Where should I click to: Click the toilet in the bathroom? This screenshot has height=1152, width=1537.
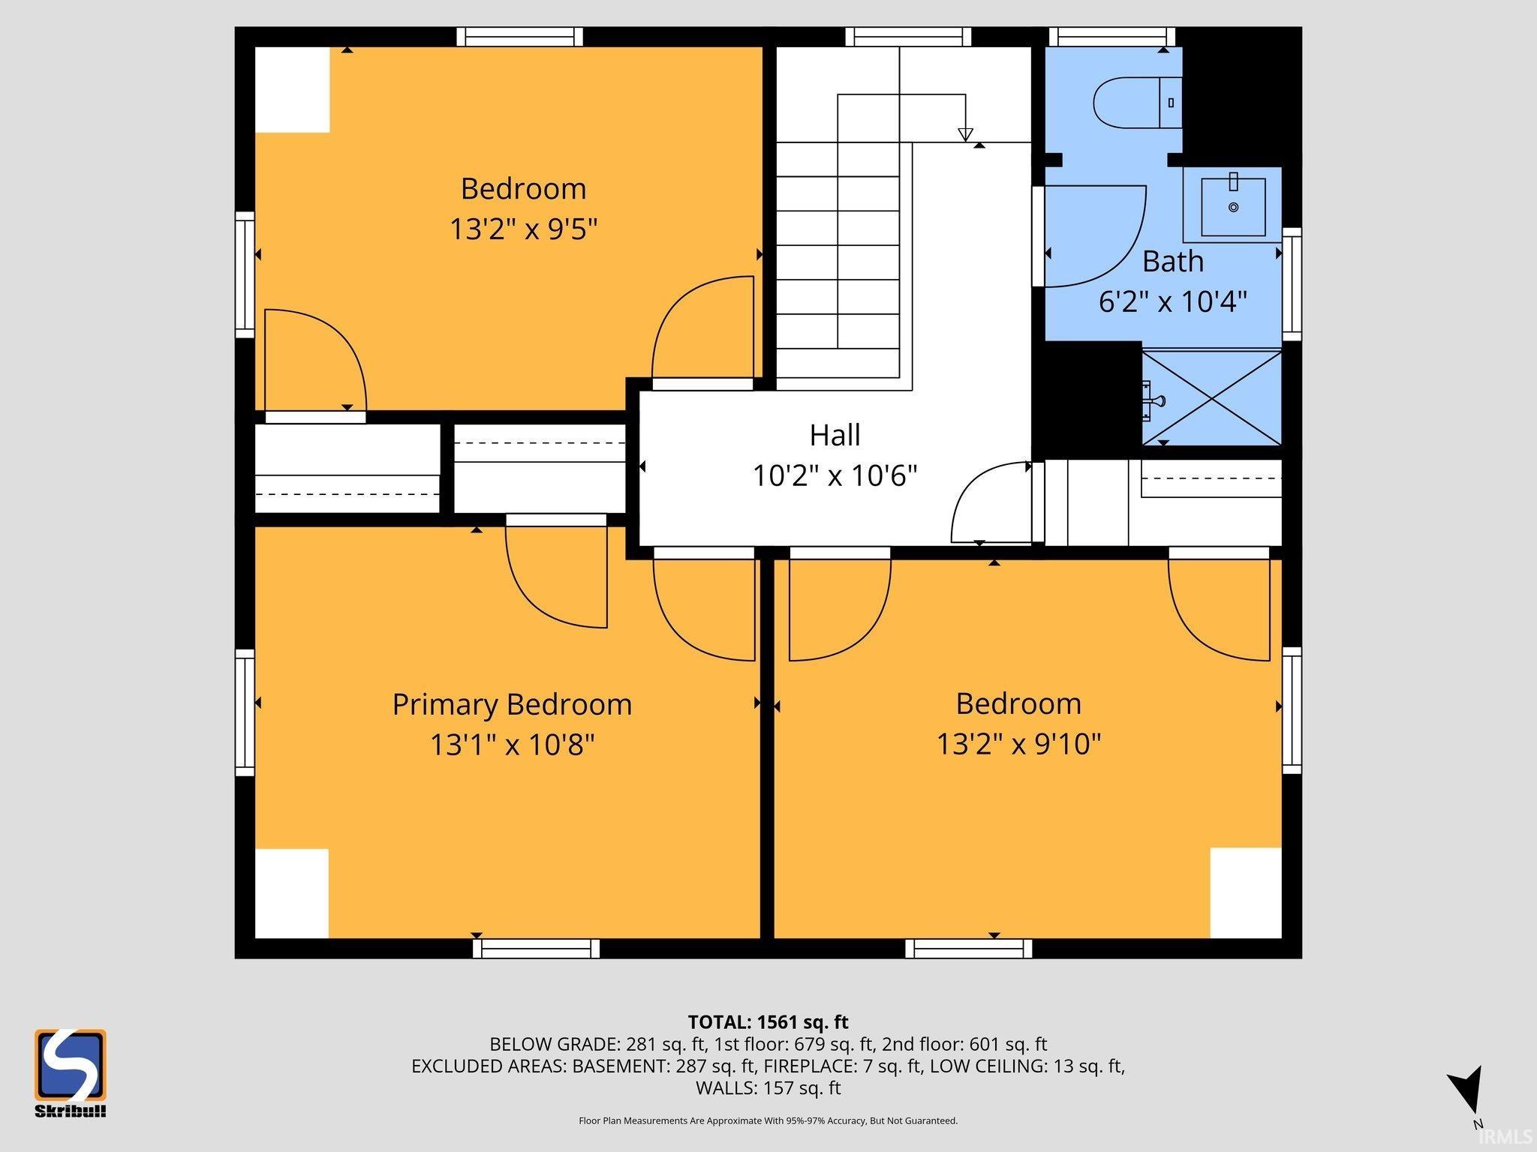1138,102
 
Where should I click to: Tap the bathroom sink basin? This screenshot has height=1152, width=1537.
1233,206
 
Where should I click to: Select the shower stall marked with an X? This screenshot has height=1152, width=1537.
1211,397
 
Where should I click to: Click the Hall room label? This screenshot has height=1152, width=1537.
835,435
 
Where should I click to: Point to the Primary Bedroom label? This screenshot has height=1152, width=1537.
512,705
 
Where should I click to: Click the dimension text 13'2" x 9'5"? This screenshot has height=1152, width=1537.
523,229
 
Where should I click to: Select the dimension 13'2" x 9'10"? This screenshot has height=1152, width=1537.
1018,744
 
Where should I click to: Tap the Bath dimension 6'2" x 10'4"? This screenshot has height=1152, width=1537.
1173,301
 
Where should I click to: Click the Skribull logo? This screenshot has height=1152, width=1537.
70,1072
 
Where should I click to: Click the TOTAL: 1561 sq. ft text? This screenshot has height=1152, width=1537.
768,1022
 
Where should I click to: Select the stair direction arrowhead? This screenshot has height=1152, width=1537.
966,135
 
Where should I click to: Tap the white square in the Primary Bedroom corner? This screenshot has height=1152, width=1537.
292,893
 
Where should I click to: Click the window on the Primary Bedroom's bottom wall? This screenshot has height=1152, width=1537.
537,949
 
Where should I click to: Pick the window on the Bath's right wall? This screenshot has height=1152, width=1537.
1292,283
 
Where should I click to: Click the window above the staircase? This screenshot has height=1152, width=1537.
908,37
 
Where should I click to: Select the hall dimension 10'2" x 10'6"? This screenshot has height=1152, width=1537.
835,475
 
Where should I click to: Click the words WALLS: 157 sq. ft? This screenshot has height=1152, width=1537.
768,1087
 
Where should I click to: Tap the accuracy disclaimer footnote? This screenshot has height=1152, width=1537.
768,1120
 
